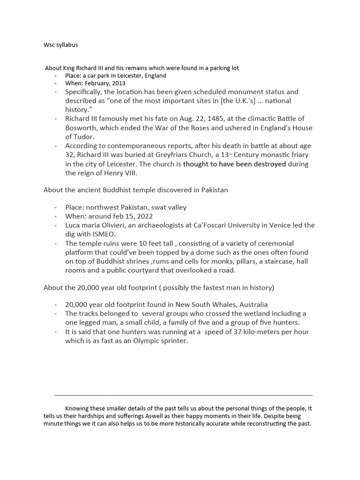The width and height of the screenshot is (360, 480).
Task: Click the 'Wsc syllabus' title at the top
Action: (61, 45)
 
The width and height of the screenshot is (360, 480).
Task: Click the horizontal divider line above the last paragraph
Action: (183, 395)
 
